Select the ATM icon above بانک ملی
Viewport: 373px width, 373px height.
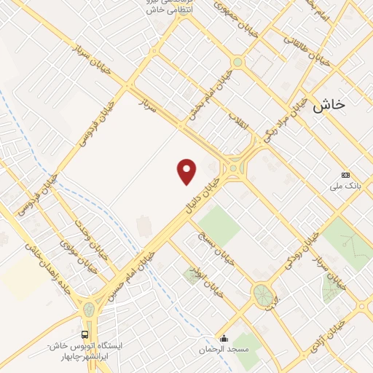click(345, 175)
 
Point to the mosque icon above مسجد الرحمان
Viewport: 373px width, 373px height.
click(224, 338)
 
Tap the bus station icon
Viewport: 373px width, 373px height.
click(85, 334)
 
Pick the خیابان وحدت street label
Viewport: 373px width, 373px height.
click(90, 240)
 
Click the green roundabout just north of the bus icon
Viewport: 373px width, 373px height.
click(89, 309)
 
